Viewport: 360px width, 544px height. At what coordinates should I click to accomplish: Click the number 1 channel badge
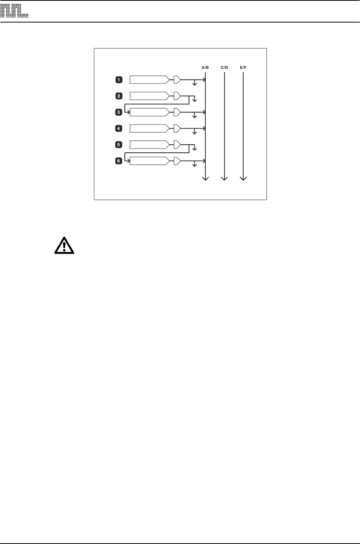(119, 80)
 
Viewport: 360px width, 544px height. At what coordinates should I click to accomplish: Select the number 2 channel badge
(119, 96)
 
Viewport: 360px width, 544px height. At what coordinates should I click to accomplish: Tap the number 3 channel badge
(119, 112)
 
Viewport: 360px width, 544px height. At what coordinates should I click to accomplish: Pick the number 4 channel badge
(119, 128)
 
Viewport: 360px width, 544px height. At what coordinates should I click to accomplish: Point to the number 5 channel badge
(119, 145)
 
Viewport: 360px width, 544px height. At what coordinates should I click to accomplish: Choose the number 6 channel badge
(119, 161)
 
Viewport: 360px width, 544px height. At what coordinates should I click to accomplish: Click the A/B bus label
(205, 68)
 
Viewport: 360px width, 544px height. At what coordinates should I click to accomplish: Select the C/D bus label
(224, 68)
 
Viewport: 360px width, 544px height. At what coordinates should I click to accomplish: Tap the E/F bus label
(243, 68)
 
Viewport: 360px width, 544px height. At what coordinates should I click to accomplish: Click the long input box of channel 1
(149, 80)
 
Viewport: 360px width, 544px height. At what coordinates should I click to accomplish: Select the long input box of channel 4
(149, 128)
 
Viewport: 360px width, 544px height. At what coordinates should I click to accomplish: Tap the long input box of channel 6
(149, 161)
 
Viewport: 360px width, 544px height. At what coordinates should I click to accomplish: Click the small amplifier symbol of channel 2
(177, 96)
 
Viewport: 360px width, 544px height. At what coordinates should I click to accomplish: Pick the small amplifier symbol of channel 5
(177, 145)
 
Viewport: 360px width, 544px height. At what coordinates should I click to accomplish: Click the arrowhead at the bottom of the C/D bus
(224, 178)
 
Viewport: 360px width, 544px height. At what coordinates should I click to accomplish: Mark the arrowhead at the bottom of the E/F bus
(243, 178)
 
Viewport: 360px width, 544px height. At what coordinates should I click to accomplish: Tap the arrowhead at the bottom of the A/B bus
(206, 178)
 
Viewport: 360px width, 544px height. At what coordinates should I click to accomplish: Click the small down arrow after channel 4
(195, 132)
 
